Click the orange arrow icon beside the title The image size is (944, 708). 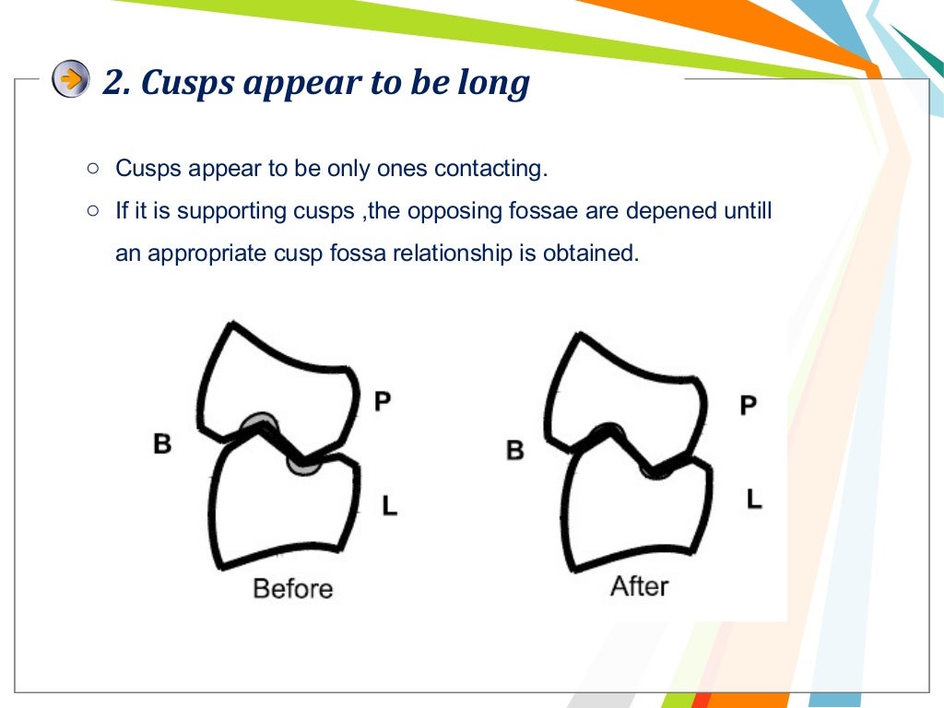(71, 79)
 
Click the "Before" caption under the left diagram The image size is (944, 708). (292, 588)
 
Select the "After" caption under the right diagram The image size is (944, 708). (639, 585)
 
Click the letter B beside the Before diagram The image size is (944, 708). (162, 444)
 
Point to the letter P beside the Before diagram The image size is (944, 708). (383, 400)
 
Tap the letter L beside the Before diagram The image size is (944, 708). (390, 504)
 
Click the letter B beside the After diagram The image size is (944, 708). (515, 450)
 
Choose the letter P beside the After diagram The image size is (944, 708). (749, 404)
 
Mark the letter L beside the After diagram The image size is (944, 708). (754, 500)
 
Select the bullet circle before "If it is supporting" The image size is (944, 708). (92, 211)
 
